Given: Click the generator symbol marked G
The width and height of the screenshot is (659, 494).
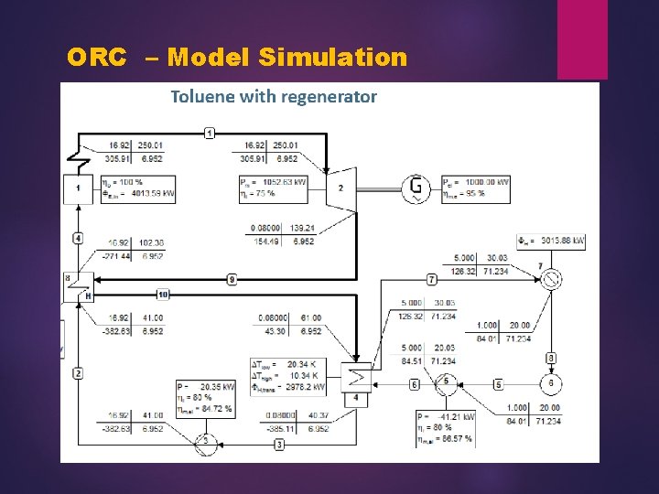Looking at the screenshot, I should pyautogui.click(x=417, y=188).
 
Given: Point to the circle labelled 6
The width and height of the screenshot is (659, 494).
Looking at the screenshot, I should pyautogui.click(x=551, y=382).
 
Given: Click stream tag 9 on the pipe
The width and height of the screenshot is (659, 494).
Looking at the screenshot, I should pyautogui.click(x=232, y=278).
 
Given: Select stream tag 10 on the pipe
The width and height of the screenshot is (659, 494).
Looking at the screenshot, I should pyautogui.click(x=163, y=294).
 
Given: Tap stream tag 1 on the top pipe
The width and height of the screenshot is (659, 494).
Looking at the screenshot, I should pyautogui.click(x=210, y=134).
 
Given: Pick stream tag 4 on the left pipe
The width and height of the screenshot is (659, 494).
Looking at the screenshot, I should pyautogui.click(x=78, y=238).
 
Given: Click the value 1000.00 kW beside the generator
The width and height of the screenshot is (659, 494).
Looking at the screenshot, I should pyautogui.click(x=482, y=181).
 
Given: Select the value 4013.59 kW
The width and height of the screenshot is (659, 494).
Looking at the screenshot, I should pyautogui.click(x=146, y=193).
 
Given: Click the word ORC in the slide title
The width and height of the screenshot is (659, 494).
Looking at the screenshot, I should pyautogui.click(x=96, y=59).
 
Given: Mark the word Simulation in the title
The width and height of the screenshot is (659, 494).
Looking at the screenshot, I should pyautogui.click(x=333, y=59).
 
